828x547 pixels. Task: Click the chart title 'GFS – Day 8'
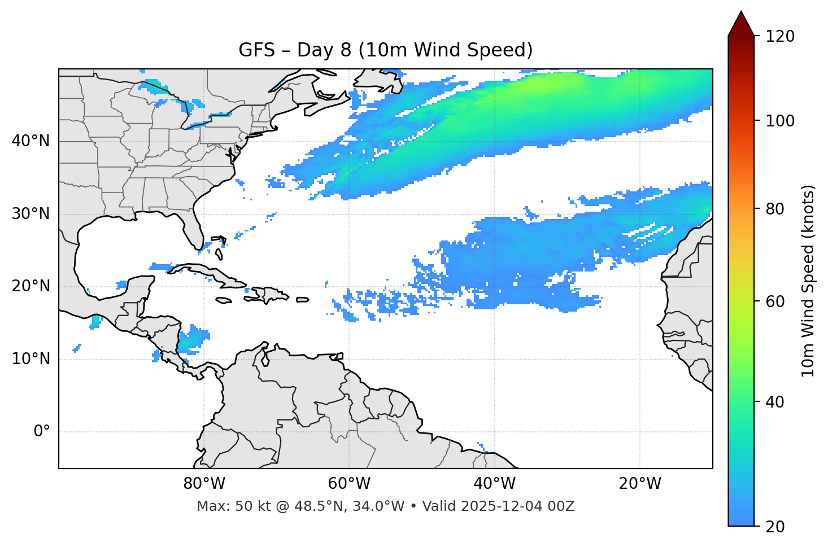[385, 50]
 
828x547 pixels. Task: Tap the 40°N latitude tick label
[30, 141]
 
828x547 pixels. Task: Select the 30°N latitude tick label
[30, 214]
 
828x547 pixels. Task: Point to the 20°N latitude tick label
[30, 286]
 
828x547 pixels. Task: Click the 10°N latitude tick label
[30, 359]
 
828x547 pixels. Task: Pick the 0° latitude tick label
[42, 432]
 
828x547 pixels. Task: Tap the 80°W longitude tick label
[204, 484]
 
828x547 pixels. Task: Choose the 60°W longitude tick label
[349, 484]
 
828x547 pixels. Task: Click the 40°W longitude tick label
[494, 484]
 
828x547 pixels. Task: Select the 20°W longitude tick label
[639, 484]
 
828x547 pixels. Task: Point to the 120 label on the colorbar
[779, 37]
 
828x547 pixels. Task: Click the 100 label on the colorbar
[779, 121]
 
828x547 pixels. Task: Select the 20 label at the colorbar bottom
[775, 527]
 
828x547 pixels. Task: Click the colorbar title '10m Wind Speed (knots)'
[808, 281]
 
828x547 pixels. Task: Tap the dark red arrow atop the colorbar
[740, 24]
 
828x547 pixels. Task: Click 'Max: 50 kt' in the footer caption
[223, 506]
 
